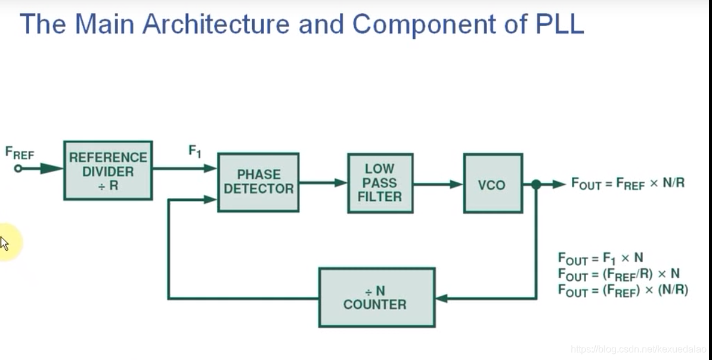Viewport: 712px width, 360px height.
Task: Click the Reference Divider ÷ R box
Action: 108,170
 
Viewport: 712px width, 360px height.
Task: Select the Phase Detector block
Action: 258,182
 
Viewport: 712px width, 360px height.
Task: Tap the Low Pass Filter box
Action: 380,182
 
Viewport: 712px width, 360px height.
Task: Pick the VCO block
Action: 493,184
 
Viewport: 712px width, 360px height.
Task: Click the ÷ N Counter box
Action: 376,297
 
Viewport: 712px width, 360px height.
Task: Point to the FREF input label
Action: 19,153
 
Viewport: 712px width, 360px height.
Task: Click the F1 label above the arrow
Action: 195,151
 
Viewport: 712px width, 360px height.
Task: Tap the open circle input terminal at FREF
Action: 18,169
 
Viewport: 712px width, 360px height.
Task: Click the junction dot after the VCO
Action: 535,185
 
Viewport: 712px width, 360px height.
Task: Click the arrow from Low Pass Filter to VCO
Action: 438,184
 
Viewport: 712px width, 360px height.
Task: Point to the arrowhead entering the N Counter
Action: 441,297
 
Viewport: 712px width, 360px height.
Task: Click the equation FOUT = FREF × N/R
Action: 627,184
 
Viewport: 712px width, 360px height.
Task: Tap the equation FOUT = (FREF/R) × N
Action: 618,274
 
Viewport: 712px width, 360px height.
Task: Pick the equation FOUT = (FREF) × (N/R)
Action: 623,290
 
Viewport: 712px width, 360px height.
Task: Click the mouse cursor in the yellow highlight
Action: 4,243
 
